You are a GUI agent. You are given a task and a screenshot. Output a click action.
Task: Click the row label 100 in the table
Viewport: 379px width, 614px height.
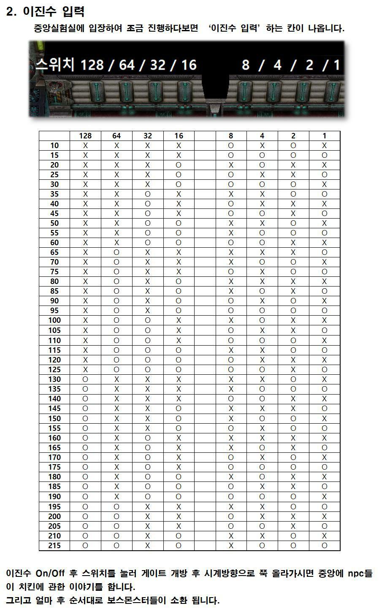(x=54, y=320)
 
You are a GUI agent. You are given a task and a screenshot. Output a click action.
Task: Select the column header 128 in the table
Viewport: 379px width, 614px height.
(x=85, y=136)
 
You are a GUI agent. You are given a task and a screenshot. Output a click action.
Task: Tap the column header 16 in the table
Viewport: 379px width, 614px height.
(x=179, y=136)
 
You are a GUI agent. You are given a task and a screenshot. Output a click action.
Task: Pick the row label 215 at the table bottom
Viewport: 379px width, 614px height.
(x=54, y=546)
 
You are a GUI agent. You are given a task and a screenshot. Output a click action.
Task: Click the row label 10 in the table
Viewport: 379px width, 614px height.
(x=54, y=146)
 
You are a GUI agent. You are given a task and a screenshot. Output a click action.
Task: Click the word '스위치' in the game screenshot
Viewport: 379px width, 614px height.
(x=54, y=65)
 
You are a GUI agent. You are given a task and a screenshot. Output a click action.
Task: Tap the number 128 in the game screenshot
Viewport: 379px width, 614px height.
(x=92, y=65)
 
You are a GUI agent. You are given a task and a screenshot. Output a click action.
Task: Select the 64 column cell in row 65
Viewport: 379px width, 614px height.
(x=116, y=252)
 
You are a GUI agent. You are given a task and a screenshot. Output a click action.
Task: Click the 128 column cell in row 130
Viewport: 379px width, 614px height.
(x=85, y=379)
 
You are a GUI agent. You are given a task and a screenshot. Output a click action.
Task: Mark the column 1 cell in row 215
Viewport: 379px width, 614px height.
(x=324, y=546)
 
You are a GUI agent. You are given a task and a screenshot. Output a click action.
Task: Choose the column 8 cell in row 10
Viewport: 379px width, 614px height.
(x=231, y=146)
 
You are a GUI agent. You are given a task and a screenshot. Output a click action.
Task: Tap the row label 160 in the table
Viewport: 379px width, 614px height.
(x=54, y=438)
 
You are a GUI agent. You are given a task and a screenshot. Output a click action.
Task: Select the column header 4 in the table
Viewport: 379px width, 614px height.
(x=262, y=136)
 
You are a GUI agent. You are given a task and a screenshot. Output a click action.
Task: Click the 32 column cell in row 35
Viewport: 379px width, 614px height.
(x=147, y=194)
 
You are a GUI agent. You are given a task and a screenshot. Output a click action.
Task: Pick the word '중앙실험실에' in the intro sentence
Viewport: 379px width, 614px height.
(x=59, y=29)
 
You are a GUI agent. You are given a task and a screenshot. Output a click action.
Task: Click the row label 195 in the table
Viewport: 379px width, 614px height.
(x=54, y=507)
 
